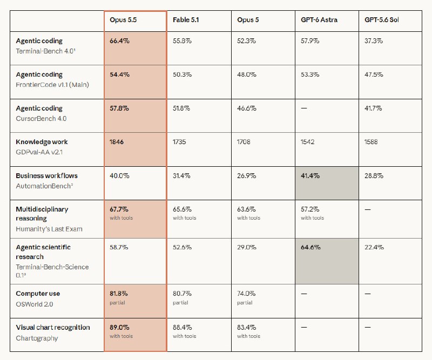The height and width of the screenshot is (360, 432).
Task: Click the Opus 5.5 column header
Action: [123, 20]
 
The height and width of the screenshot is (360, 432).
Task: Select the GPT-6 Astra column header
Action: [319, 20]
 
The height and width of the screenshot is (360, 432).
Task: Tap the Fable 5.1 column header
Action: [186, 20]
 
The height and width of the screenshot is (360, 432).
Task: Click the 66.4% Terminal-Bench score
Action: [119, 41]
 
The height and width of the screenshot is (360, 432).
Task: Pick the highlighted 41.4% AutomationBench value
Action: [310, 176]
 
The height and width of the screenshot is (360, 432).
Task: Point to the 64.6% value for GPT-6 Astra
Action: [310, 247]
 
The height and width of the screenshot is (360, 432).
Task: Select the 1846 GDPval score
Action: [117, 142]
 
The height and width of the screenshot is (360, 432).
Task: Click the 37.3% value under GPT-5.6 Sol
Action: [374, 41]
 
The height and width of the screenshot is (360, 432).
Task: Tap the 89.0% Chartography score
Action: [119, 327]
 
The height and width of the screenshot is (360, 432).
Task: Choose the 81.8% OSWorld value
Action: [119, 294]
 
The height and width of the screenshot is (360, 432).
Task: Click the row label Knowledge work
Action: [42, 142]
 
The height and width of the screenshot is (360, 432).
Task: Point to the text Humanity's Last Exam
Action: [49, 229]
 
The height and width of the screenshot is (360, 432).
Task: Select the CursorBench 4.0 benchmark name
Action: [41, 118]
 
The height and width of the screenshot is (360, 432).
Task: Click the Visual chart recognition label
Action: [53, 327]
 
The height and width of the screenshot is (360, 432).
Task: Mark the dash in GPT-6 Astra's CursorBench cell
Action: [304, 108]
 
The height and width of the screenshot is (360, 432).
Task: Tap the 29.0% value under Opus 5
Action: [247, 247]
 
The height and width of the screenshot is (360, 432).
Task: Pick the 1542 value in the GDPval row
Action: [307, 142]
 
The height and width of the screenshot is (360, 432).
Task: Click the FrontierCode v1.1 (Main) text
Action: [52, 85]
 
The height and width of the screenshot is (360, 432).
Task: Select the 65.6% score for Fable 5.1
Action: [182, 209]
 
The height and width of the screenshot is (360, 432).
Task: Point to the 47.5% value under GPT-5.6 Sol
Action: [374, 74]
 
